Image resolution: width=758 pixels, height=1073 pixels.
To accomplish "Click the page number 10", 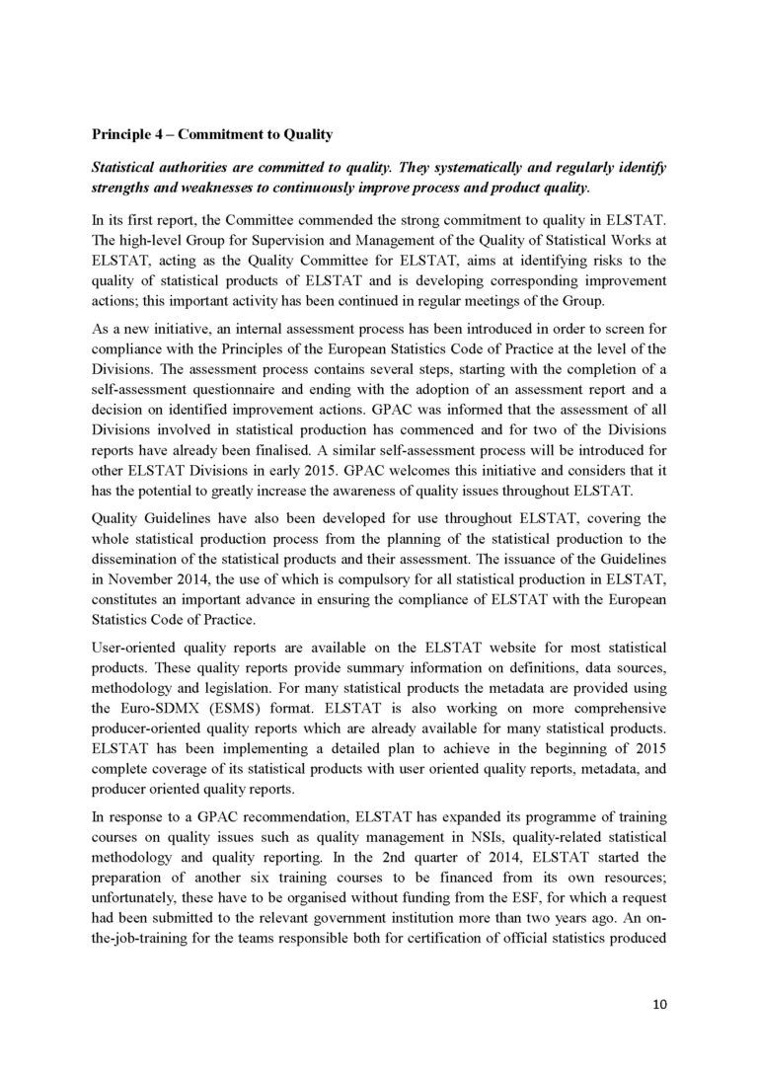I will coord(661,1006).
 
